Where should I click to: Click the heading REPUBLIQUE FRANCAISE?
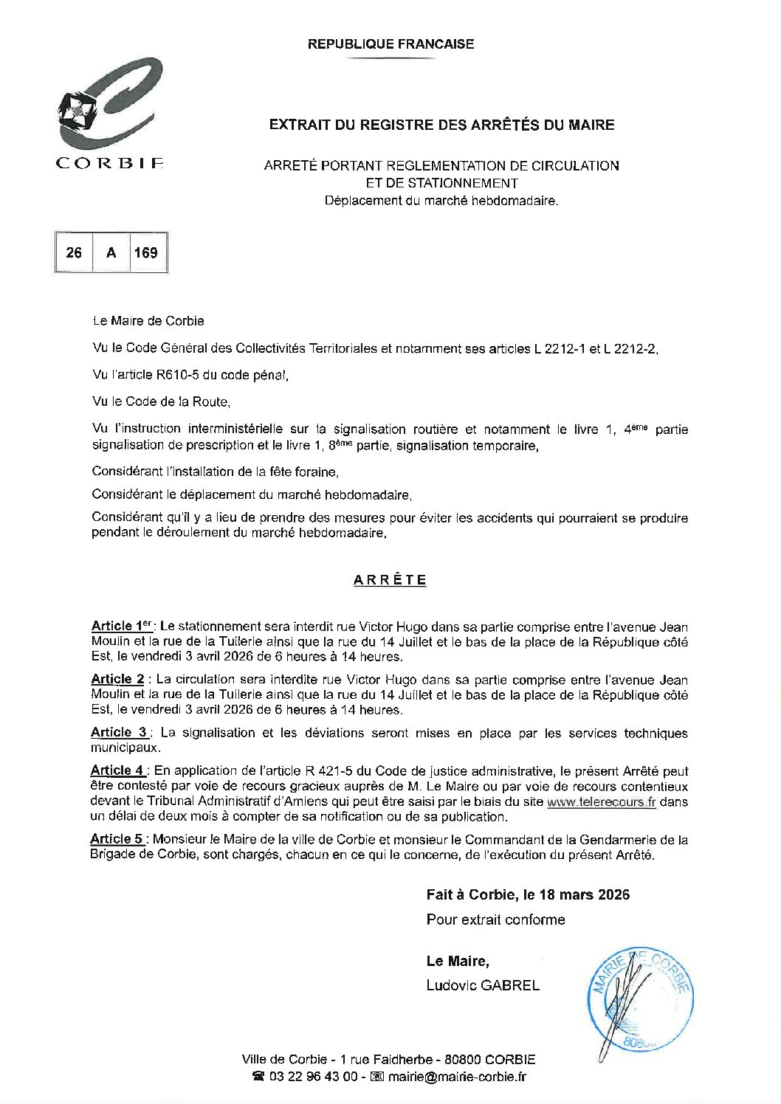click(390, 44)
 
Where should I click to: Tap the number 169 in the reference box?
click(145, 252)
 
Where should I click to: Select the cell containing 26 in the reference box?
click(74, 252)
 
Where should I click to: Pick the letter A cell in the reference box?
click(111, 252)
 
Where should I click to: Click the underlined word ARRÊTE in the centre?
click(390, 580)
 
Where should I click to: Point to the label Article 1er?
click(122, 627)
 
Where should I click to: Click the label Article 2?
click(117, 679)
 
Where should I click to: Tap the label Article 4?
click(118, 770)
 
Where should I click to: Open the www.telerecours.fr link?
click(601, 802)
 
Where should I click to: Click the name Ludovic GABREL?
click(483, 985)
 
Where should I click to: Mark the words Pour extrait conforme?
click(495, 920)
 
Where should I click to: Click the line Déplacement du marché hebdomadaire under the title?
click(441, 200)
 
